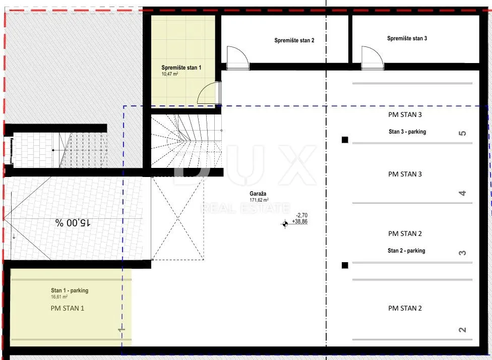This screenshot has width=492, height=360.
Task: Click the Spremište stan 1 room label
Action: click(181, 68)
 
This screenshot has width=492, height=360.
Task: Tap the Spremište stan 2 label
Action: click(294, 40)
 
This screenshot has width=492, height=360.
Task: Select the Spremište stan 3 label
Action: click(407, 38)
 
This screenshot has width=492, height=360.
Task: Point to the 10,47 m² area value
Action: click(170, 74)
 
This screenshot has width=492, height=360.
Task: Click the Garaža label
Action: click(258, 194)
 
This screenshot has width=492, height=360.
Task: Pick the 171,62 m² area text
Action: click(259, 200)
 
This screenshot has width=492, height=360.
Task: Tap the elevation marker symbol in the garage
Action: click(285, 224)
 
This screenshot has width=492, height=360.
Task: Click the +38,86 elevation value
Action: click(299, 221)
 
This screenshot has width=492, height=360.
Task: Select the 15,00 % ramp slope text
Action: click(73, 223)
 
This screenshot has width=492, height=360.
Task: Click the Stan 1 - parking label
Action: click(70, 290)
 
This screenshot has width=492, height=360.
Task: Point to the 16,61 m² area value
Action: click(59, 296)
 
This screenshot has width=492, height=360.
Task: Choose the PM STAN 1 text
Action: click(68, 308)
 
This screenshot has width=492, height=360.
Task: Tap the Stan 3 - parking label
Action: click(407, 132)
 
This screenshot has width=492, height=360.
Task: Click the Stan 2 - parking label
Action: click(406, 251)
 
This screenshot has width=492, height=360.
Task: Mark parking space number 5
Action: click(462, 133)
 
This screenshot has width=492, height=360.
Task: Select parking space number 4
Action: click(462, 193)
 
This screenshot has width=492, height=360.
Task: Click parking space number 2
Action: click(462, 330)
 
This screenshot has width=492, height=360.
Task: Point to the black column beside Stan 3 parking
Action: click(345, 140)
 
